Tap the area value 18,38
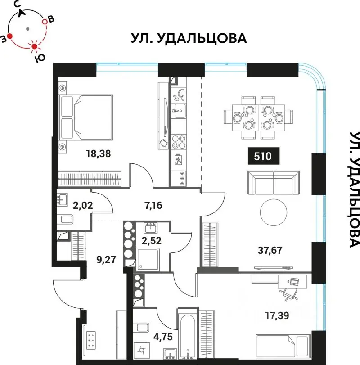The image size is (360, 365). (99, 153)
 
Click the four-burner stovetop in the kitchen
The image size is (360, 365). (178, 141)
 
